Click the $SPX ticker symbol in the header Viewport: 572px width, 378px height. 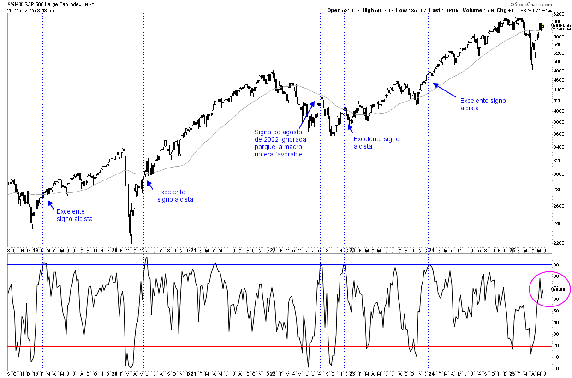coord(15,4)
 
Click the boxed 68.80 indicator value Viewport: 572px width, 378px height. coord(559,289)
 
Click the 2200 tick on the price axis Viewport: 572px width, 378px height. coord(559,243)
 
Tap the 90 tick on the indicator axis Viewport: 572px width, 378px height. coord(556,265)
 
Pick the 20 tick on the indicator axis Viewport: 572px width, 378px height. coord(556,346)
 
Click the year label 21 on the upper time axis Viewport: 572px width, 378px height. coord(193,250)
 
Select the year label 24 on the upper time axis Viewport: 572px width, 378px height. coord(429,250)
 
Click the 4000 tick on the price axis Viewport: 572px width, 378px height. coord(559,111)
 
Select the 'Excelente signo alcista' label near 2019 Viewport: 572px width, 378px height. coord(75,215)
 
